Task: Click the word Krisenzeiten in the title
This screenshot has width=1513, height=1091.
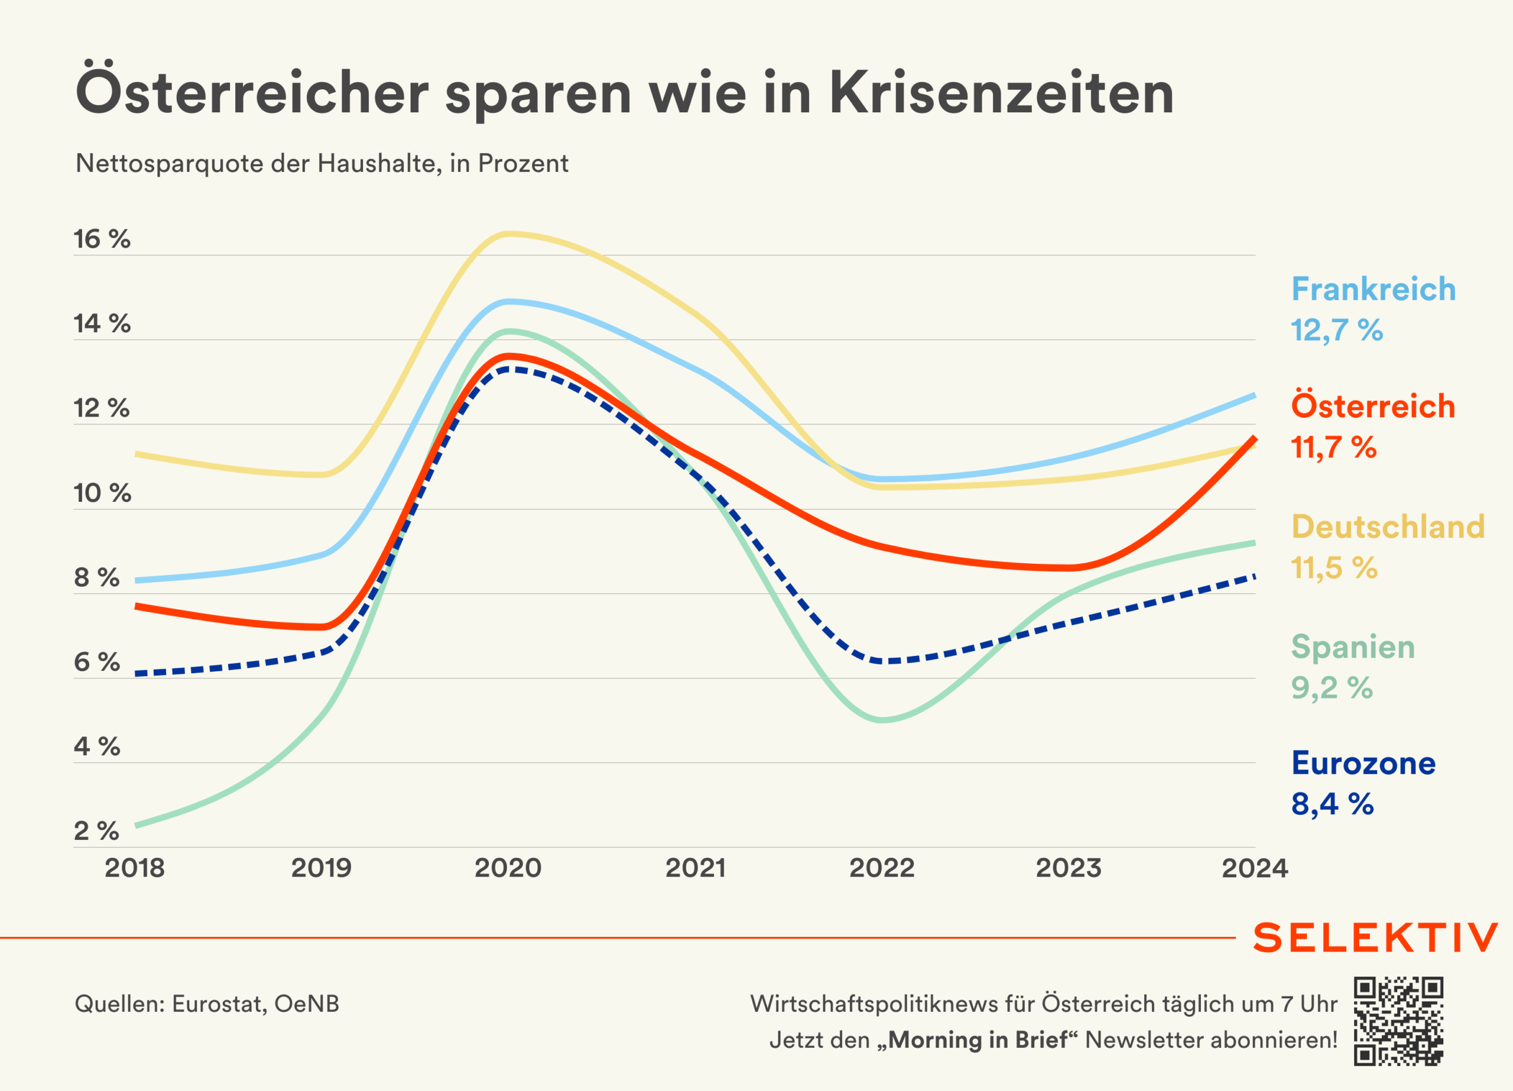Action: click(1001, 93)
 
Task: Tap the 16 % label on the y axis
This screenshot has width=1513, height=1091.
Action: click(102, 239)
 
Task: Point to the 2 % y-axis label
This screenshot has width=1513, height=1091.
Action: click(97, 832)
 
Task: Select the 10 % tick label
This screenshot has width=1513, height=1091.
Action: click(102, 493)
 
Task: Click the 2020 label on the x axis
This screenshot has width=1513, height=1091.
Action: click(508, 868)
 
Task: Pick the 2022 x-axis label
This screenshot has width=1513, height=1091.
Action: click(882, 868)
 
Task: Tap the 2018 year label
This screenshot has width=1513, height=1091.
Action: click(135, 868)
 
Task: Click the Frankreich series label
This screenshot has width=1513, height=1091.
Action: click(1373, 290)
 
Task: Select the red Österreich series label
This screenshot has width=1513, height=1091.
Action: click(1373, 407)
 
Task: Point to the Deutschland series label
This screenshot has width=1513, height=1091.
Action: click(1388, 527)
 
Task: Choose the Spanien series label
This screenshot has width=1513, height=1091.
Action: click(1353, 647)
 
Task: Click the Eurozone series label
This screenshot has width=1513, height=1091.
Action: click(1363, 763)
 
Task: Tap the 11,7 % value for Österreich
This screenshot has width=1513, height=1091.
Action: click(1333, 447)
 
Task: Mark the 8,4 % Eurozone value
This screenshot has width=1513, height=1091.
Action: click(1332, 804)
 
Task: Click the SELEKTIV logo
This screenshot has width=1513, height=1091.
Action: click(1375, 937)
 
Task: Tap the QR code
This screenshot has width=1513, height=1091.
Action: click(1398, 1021)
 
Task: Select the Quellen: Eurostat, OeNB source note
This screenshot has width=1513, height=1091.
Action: click(207, 1004)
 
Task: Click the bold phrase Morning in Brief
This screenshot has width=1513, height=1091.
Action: click(978, 1040)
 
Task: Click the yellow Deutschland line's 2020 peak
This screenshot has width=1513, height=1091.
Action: click(509, 233)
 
